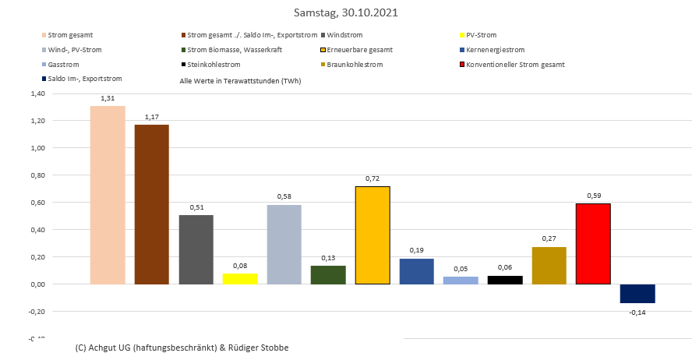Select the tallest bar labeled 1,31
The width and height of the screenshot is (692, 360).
pyautogui.click(x=108, y=195)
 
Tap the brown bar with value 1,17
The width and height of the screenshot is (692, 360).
pyautogui.click(x=151, y=204)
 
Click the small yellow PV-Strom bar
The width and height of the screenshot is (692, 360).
pyautogui.click(x=240, y=279)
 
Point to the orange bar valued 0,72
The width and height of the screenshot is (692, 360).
pyautogui.click(x=372, y=235)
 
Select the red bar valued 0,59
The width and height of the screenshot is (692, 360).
pyautogui.click(x=593, y=244)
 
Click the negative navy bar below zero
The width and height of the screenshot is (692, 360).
pyautogui.click(x=637, y=294)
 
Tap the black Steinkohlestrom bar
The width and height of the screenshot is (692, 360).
pyautogui.click(x=505, y=280)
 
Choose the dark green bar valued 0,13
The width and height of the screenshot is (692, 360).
pyautogui.click(x=328, y=275)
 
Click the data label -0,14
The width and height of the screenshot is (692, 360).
pyautogui.click(x=637, y=312)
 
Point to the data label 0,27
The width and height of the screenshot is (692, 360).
pyautogui.click(x=549, y=238)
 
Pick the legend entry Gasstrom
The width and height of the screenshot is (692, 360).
pyautogui.click(x=63, y=64)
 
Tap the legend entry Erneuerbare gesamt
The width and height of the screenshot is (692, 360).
pyautogui.click(x=359, y=50)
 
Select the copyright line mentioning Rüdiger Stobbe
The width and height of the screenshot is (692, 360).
pyautogui.click(x=182, y=347)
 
